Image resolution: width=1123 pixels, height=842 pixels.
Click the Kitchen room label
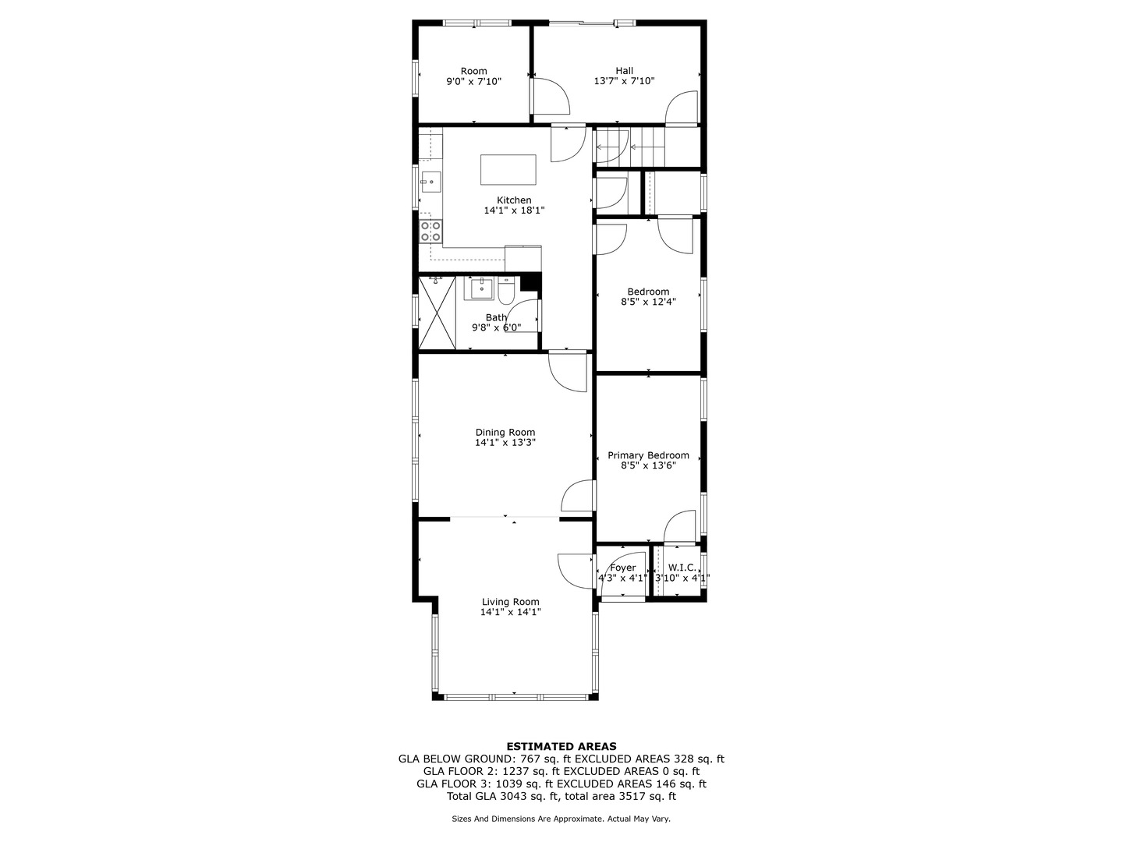[x=514, y=200]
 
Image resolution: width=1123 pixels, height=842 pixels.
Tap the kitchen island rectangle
[x=508, y=170]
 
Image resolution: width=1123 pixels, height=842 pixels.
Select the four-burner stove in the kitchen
[x=430, y=231]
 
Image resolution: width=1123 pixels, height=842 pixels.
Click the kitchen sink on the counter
[x=430, y=182]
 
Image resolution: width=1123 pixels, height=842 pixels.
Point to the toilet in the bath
[x=506, y=290]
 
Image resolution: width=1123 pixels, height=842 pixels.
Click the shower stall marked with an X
[x=437, y=313]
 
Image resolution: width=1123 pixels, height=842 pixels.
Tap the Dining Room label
[x=505, y=433]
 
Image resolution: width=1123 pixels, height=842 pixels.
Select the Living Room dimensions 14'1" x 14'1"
[x=511, y=612]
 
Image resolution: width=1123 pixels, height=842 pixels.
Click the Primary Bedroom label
[x=648, y=455]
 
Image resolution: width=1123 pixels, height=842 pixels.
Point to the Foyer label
[x=622, y=568]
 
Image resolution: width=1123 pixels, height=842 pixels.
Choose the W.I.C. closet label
[x=682, y=568]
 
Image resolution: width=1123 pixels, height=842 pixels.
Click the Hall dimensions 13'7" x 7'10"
[x=624, y=81]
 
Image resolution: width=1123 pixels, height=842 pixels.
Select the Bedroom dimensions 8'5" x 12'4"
[x=648, y=302]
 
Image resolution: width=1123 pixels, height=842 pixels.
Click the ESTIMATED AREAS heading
[x=561, y=746]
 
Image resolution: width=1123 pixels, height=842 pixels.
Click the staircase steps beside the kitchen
[x=630, y=148]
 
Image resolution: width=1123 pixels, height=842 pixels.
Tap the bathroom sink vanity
[x=479, y=288]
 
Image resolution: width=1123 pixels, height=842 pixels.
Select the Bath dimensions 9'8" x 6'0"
[x=496, y=327]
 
